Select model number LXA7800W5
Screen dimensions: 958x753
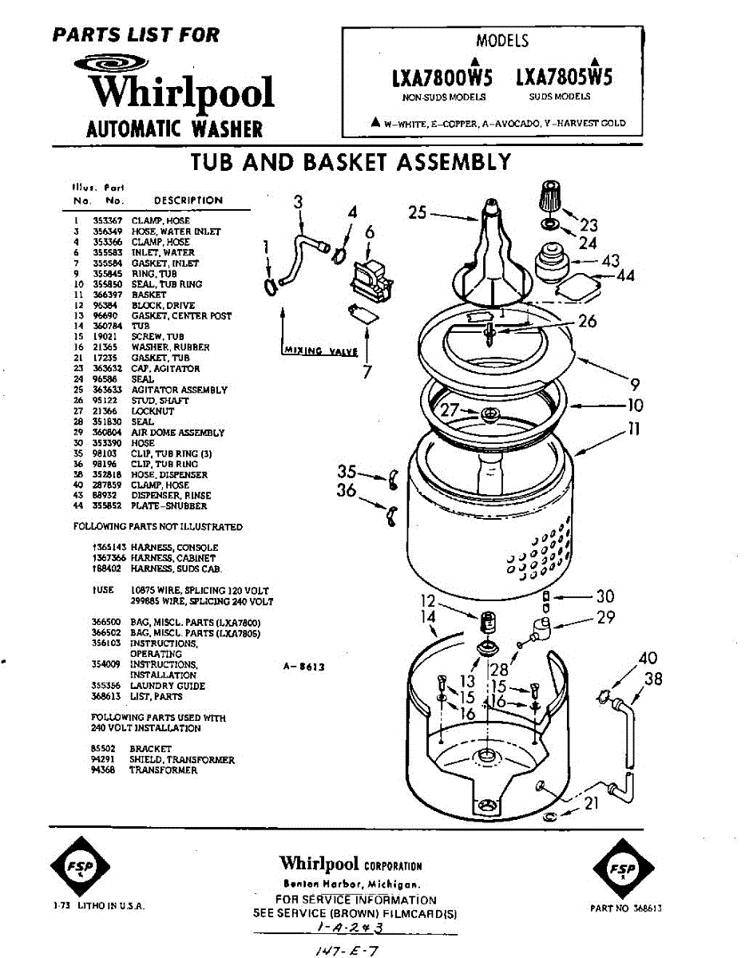point(442,78)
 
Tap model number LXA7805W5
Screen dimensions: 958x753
point(565,78)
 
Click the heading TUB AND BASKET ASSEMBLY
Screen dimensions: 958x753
point(351,162)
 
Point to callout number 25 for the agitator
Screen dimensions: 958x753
point(417,212)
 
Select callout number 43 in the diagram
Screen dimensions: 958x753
point(610,260)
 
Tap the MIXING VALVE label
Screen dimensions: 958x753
point(314,350)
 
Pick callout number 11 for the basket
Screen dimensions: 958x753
point(633,429)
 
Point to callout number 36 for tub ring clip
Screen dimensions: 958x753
point(346,490)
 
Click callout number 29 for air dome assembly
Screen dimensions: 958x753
point(605,617)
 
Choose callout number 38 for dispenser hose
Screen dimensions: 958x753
point(653,679)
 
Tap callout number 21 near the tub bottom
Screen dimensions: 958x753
point(591,803)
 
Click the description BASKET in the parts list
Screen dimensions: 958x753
point(149,295)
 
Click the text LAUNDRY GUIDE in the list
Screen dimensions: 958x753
point(168,686)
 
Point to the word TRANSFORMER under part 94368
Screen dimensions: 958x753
point(163,770)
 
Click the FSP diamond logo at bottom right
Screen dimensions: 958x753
point(623,869)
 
